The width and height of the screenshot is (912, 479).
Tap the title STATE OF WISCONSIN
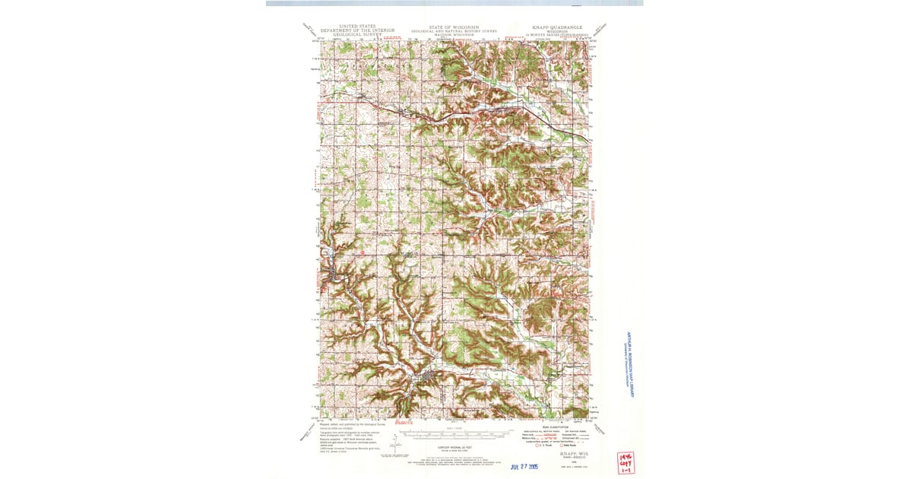click(x=454, y=27)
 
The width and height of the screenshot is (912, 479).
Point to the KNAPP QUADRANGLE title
click(x=557, y=27)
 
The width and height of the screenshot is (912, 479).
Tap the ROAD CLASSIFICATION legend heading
click(x=556, y=427)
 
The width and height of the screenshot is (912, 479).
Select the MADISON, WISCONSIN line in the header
click(x=454, y=34)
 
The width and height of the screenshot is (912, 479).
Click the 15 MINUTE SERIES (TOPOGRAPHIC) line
click(x=557, y=34)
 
